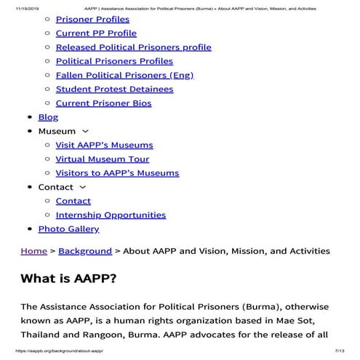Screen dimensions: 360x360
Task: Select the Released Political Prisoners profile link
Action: tap(133, 47)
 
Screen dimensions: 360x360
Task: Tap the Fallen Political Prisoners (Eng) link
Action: tap(125, 75)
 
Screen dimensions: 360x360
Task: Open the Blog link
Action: tap(48, 117)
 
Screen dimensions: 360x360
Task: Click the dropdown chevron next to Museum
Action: tap(87, 132)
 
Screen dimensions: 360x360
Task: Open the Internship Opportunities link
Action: tap(111, 215)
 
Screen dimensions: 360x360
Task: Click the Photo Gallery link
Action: tap(68, 229)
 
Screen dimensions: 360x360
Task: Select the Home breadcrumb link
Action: tap(34, 251)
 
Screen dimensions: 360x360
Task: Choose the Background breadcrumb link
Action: tap(85, 251)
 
